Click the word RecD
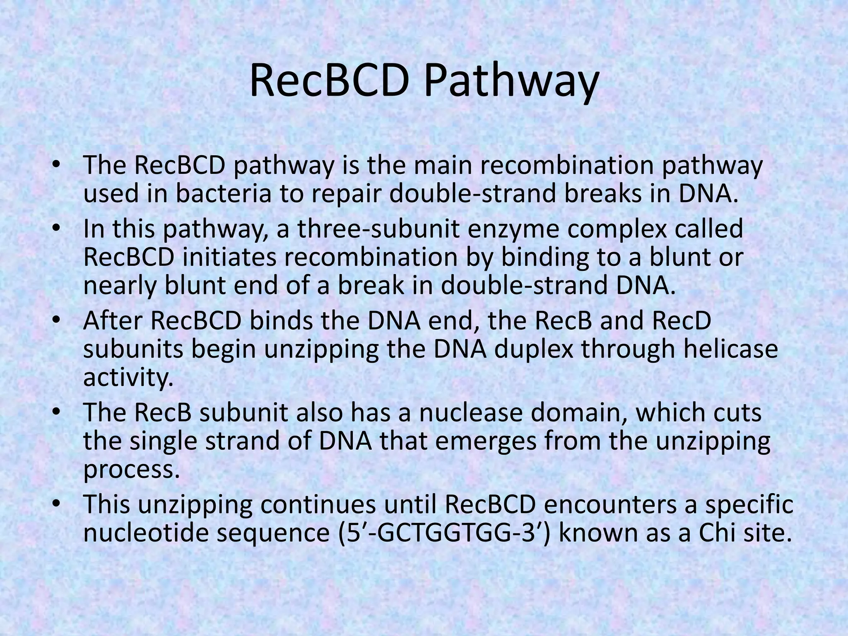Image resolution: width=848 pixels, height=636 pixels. [x=677, y=320]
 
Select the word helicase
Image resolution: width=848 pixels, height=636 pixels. [x=730, y=349]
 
